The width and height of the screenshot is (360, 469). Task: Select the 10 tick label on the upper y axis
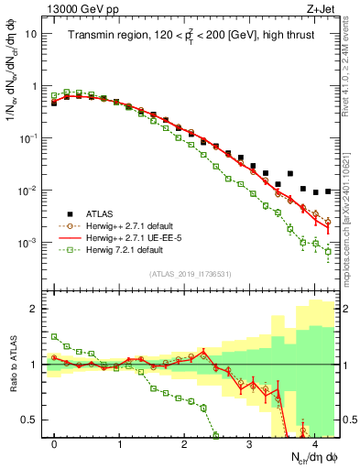pyautogui.click(x=31, y=34)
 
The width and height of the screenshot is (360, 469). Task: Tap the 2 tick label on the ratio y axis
pyautogui.click(x=35, y=309)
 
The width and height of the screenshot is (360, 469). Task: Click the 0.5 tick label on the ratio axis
pyautogui.click(x=30, y=420)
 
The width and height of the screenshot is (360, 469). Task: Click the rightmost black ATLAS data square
pyautogui.click(x=328, y=191)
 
